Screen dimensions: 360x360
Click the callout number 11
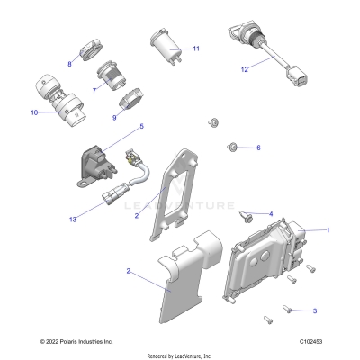pos(195,48)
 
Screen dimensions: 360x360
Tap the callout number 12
pos(243,68)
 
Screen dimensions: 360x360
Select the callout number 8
pos(70,63)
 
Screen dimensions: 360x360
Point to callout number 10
pos(34,112)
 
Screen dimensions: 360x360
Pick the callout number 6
pos(257,148)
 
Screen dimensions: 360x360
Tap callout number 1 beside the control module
pos(327,230)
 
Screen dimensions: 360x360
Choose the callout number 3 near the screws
pos(314,310)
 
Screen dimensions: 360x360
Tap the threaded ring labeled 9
pos(131,98)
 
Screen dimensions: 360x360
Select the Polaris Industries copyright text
pos(77,343)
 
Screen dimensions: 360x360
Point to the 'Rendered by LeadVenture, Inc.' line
pos(179,355)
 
